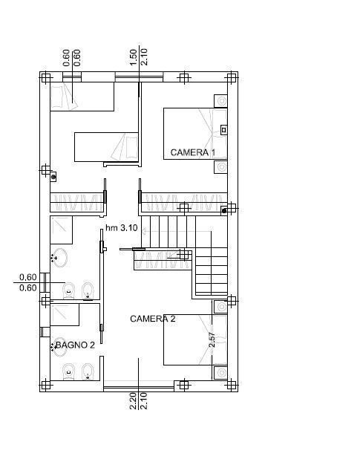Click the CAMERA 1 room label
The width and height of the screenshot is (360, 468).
[x=193, y=152]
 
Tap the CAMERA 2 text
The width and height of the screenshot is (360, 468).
[x=153, y=319]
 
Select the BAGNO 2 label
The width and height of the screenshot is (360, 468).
[x=75, y=345]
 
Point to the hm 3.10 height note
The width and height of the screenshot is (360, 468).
[x=122, y=228]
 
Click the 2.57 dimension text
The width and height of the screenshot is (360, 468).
[x=212, y=339]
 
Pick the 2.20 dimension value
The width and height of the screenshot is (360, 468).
[x=134, y=401]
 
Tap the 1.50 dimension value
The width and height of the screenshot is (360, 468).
[x=134, y=57]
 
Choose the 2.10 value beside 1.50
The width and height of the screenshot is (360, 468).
[x=144, y=57]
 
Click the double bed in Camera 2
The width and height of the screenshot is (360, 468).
[x=195, y=339]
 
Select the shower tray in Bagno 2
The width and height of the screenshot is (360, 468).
[x=65, y=315]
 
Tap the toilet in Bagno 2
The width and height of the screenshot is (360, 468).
[x=69, y=372]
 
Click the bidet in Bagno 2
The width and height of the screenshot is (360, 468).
[x=88, y=371]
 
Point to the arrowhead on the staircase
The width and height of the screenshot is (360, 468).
[x=143, y=231]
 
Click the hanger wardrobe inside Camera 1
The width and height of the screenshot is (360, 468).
[x=184, y=202]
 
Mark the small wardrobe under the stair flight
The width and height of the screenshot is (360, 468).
[x=163, y=260]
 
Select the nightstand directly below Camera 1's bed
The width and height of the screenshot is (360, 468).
[x=220, y=166]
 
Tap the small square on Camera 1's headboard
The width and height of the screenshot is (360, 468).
[x=223, y=130]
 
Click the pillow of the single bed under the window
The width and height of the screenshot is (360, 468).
[x=57, y=97]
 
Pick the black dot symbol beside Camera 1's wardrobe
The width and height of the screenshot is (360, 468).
[x=224, y=211]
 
